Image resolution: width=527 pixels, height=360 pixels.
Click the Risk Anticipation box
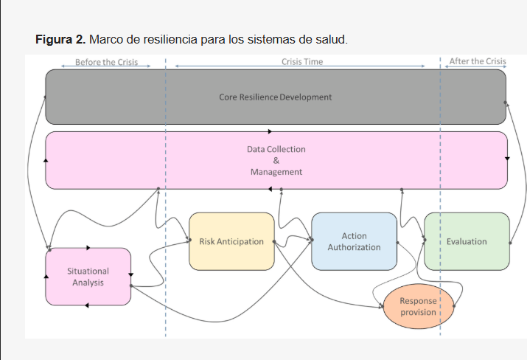click(x=231, y=241)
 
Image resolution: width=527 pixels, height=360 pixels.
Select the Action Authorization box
click(x=354, y=241)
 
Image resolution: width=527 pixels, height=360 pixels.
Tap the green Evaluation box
click(x=467, y=241)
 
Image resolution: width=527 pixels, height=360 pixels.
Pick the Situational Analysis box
click(x=88, y=277)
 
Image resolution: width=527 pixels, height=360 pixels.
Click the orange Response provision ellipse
click(x=418, y=306)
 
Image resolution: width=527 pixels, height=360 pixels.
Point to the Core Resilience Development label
click(x=275, y=97)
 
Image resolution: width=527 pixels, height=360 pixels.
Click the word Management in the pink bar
click(x=276, y=172)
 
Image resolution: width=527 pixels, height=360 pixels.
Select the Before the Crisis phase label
click(x=106, y=62)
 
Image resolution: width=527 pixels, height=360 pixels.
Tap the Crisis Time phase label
click(x=302, y=62)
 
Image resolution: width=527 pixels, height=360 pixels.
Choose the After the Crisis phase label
click(x=478, y=62)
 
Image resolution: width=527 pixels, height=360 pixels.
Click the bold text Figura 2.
click(x=60, y=39)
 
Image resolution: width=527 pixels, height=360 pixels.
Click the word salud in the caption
click(x=329, y=39)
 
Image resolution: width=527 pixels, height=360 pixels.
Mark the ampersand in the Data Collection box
click(x=276, y=160)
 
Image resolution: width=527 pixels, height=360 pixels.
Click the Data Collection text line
click(x=276, y=149)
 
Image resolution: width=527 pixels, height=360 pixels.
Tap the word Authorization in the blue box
click(x=354, y=247)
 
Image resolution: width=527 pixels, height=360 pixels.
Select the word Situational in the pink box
click(x=88, y=271)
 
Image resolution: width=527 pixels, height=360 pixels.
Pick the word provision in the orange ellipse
click(x=418, y=312)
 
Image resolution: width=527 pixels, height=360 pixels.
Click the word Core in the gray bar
click(x=228, y=97)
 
